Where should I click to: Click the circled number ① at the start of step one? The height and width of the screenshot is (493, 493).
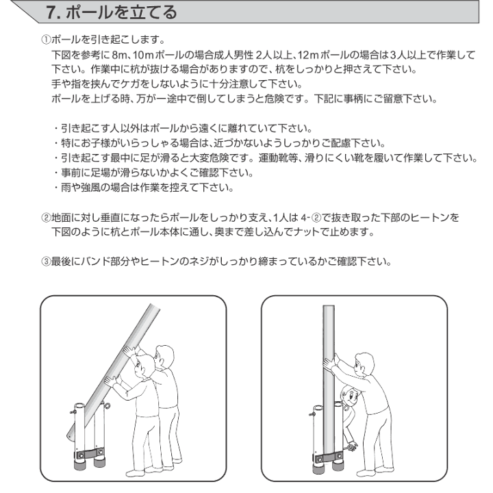point(46,40)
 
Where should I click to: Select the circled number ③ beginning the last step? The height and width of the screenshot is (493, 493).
point(46,261)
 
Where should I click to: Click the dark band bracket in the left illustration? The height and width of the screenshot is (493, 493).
point(89,454)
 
